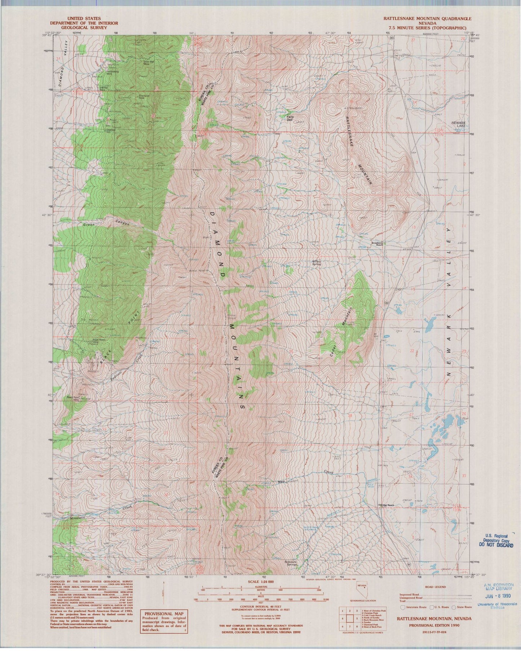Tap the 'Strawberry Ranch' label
[x=378, y=244]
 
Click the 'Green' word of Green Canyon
[x=89, y=225]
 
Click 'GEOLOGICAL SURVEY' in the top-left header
[x=84, y=27]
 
